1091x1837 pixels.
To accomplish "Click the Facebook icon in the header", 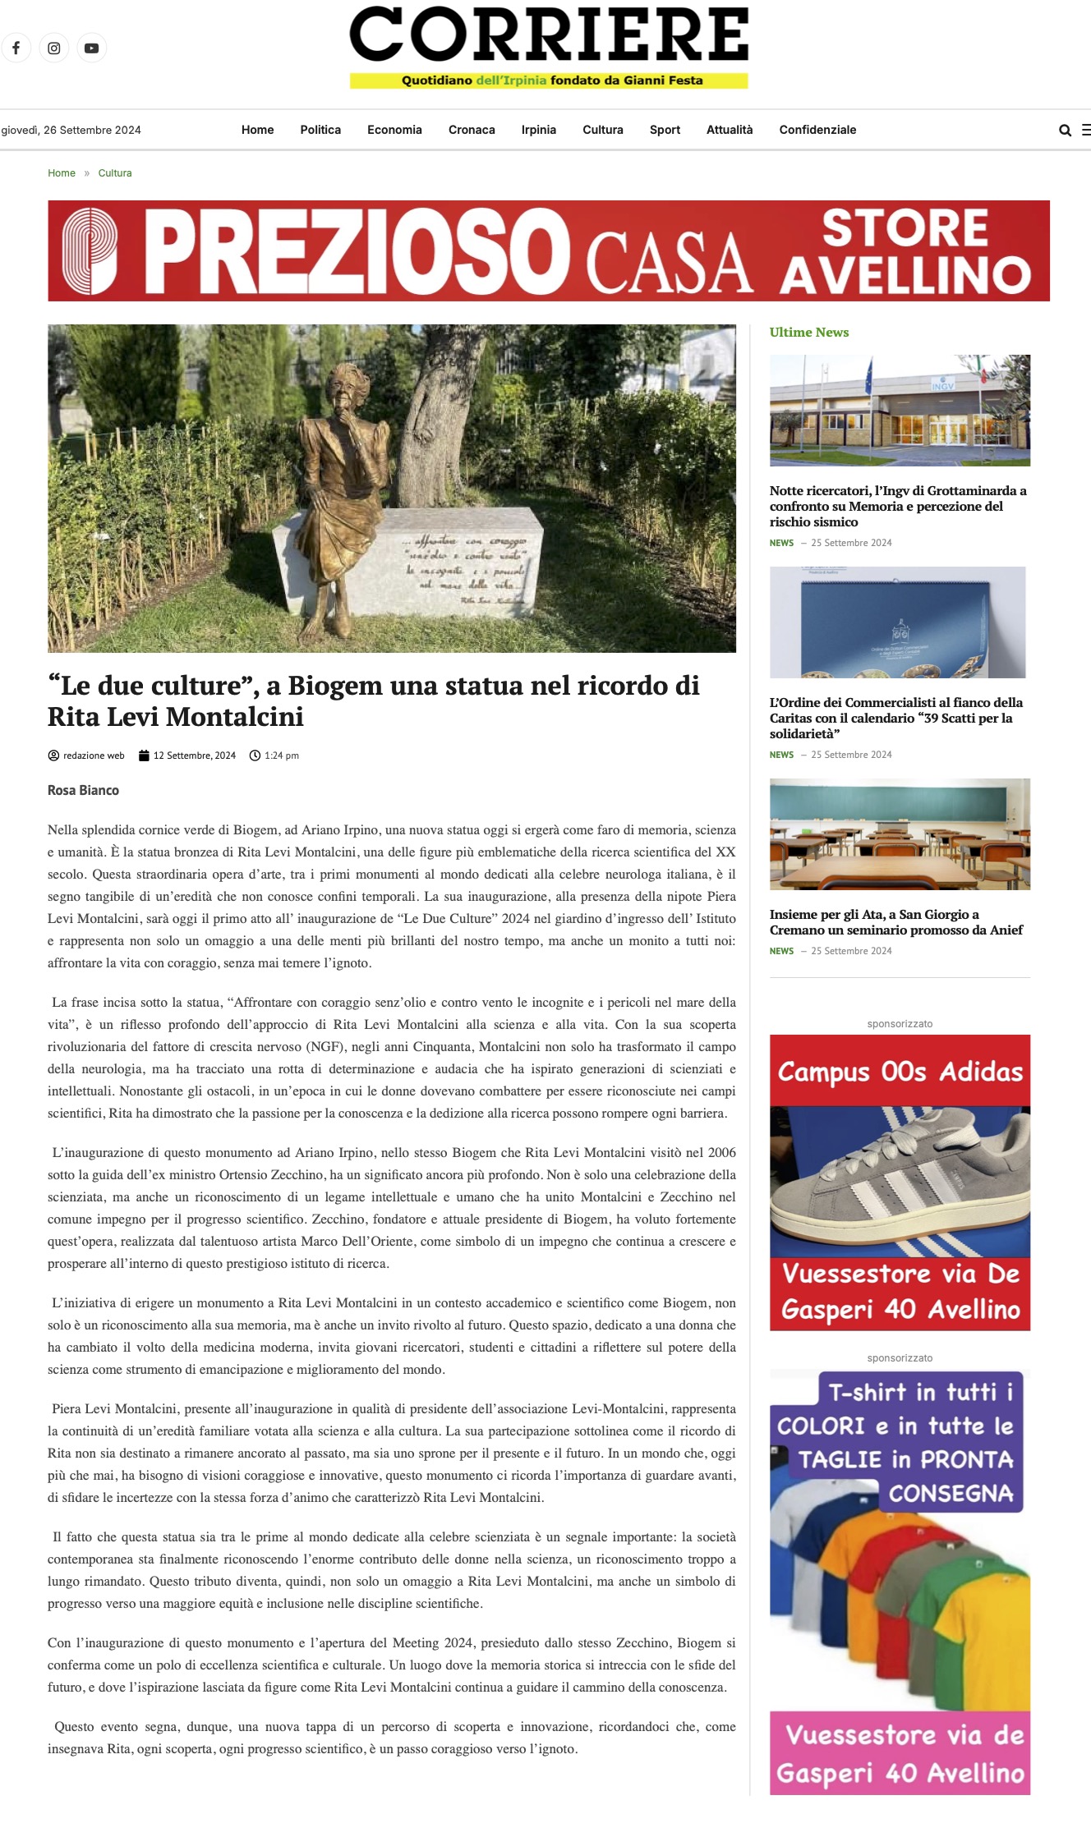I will pyautogui.click(x=16, y=48).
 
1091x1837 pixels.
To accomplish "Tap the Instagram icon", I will pyautogui.click(x=53, y=48).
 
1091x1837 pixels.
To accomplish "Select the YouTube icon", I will pyautogui.click(x=91, y=48).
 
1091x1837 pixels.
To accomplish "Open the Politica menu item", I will pyautogui.click(x=320, y=130).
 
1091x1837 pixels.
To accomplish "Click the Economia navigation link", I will pyautogui.click(x=394, y=130).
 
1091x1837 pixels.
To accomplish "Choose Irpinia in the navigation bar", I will pyautogui.click(x=538, y=130).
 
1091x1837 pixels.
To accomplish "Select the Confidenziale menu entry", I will pyautogui.click(x=817, y=130).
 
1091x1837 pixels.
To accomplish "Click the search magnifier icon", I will pyautogui.click(x=1065, y=130).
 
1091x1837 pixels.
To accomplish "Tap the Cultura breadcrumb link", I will pyautogui.click(x=115, y=173).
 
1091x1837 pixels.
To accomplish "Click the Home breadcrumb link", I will pyautogui.click(x=62, y=173).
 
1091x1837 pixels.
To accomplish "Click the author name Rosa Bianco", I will pyautogui.click(x=83, y=790).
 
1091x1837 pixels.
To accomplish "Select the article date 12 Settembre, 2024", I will pyautogui.click(x=194, y=755).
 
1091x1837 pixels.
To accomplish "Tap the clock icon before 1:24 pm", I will pyautogui.click(x=255, y=755).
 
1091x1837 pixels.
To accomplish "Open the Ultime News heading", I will pyautogui.click(x=808, y=333).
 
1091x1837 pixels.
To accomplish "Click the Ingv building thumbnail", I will pyautogui.click(x=900, y=411).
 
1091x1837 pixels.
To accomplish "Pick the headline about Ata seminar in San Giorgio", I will pyautogui.click(x=895, y=922).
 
